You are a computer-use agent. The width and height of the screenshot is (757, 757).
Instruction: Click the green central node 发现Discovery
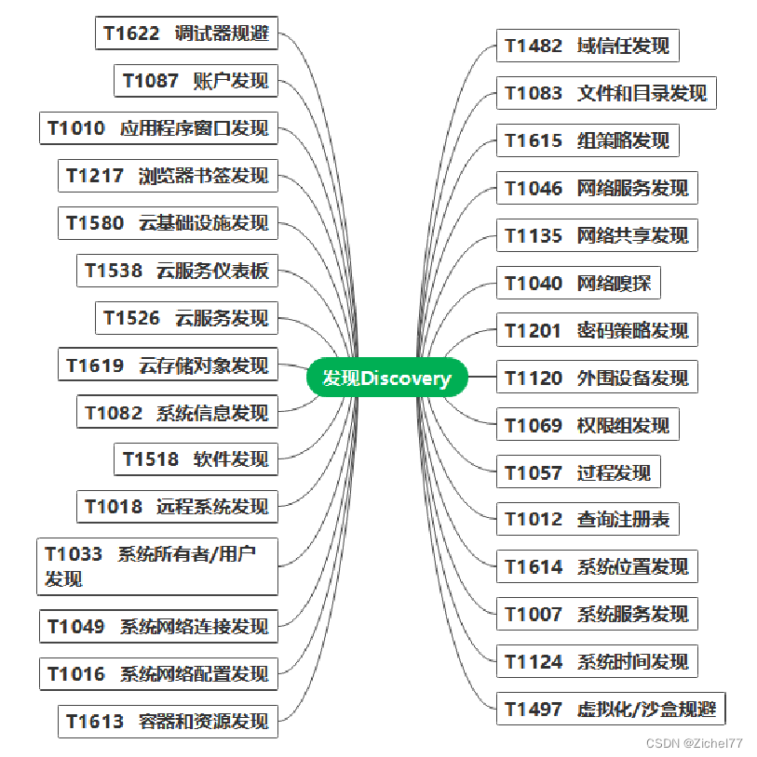pos(386,378)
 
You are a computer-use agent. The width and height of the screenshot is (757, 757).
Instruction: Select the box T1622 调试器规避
pos(186,33)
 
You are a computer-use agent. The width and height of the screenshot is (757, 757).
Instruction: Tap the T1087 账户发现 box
pos(196,81)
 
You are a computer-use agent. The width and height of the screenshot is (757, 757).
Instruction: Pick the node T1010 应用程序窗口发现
pos(158,128)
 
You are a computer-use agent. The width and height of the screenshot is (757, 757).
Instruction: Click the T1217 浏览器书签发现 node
pos(168,176)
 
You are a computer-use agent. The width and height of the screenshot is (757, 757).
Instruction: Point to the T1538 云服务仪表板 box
pos(177,271)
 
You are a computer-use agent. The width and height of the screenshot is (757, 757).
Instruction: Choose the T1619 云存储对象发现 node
pos(168,365)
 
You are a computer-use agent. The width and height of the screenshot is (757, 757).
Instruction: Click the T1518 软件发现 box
pos(196,458)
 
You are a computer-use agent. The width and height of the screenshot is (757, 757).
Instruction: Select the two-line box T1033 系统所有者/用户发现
pos(157,566)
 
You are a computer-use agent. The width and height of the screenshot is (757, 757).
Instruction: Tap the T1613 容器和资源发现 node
pos(168,721)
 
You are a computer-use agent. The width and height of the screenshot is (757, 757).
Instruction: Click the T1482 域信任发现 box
pos(588,46)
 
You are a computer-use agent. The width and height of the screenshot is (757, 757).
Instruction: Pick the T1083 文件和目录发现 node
pos(606,93)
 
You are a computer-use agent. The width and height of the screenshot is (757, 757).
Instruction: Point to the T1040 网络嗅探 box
pos(578,283)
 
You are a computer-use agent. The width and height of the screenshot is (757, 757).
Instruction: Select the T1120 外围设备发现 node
pos(597,378)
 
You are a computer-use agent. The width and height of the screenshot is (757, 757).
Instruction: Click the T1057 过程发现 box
pos(578,472)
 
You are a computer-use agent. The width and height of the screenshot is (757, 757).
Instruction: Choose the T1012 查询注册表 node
pos(588,519)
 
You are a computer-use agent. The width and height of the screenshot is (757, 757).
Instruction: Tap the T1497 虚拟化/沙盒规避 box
pos(611,709)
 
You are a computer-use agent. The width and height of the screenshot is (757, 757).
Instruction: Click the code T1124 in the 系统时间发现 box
pos(534,662)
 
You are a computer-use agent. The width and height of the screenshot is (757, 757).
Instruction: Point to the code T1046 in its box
pos(534,189)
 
